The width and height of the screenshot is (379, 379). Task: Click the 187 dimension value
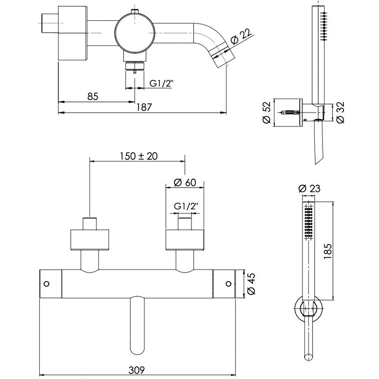[x=144, y=107]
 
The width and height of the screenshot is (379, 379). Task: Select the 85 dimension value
[x=93, y=97]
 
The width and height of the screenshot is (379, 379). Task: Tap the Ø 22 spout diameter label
[x=241, y=36]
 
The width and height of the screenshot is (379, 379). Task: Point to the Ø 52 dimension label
[x=267, y=113]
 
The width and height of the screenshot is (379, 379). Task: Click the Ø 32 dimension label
[x=341, y=113]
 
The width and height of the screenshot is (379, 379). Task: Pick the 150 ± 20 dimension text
[x=139, y=156]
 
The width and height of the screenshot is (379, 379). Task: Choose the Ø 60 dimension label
[x=185, y=182]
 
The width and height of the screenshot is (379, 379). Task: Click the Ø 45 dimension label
[x=252, y=284]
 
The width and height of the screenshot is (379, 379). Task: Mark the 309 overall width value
[x=136, y=370]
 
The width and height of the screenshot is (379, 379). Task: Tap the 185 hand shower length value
[x=328, y=252]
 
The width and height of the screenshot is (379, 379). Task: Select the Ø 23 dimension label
[x=309, y=188]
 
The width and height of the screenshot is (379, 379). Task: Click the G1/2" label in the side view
[x=162, y=83]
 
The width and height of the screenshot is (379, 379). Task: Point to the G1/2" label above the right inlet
[x=186, y=207]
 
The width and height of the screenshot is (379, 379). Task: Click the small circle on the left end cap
[x=46, y=283]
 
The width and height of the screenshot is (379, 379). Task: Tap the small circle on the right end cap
[x=228, y=283]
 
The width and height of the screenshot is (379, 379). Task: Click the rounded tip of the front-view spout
[x=137, y=353]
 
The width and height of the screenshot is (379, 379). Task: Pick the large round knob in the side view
[x=135, y=33]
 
